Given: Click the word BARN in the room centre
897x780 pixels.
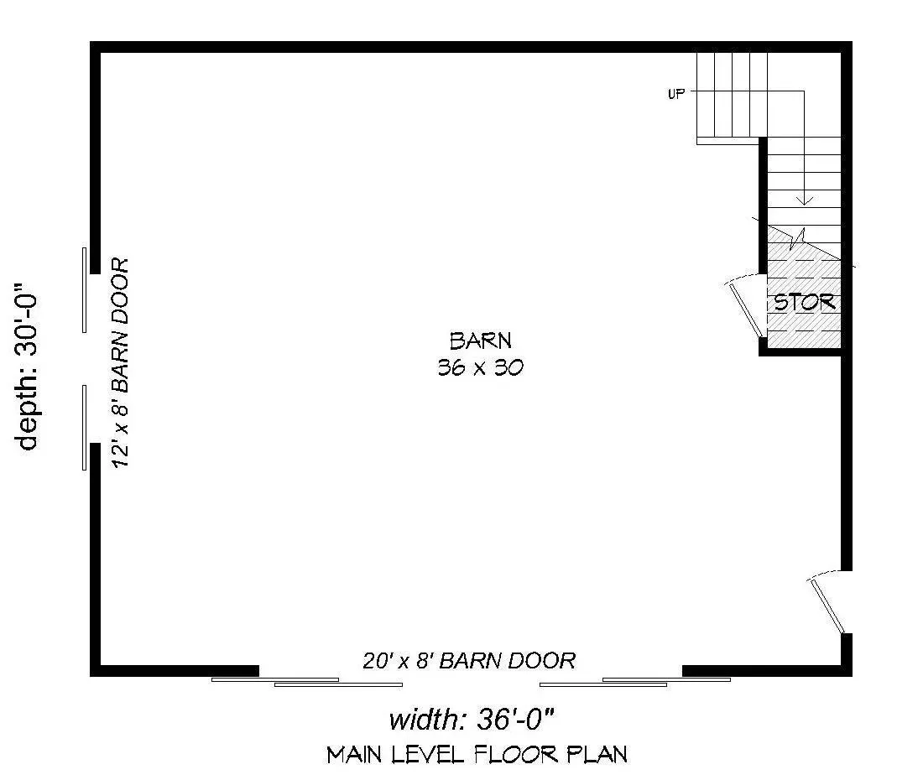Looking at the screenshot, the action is click(481, 341).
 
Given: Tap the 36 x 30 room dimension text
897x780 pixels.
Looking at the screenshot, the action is click(481, 367).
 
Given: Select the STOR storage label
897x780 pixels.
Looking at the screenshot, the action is click(805, 302).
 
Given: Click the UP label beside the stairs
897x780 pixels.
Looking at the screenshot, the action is click(675, 94).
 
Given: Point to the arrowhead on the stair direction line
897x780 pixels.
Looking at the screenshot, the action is click(805, 200).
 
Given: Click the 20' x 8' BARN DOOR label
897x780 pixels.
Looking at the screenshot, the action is click(469, 661).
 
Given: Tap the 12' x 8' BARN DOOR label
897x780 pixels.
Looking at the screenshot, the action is click(120, 363).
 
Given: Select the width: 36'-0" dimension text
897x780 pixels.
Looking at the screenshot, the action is click(472, 719).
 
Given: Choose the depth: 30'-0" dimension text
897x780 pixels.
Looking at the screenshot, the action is click(27, 367).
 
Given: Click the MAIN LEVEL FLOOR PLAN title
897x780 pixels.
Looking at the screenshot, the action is click(477, 755).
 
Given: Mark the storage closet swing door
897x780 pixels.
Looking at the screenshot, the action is click(747, 309).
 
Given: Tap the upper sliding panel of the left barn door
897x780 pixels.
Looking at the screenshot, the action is click(85, 290).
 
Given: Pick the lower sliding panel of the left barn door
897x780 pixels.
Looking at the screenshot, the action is click(85, 428).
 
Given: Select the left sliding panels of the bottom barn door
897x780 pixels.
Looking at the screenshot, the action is click(307, 682).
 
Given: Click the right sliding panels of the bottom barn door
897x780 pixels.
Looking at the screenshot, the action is click(635, 682).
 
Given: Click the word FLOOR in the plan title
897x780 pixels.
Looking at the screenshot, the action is click(517, 755).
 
